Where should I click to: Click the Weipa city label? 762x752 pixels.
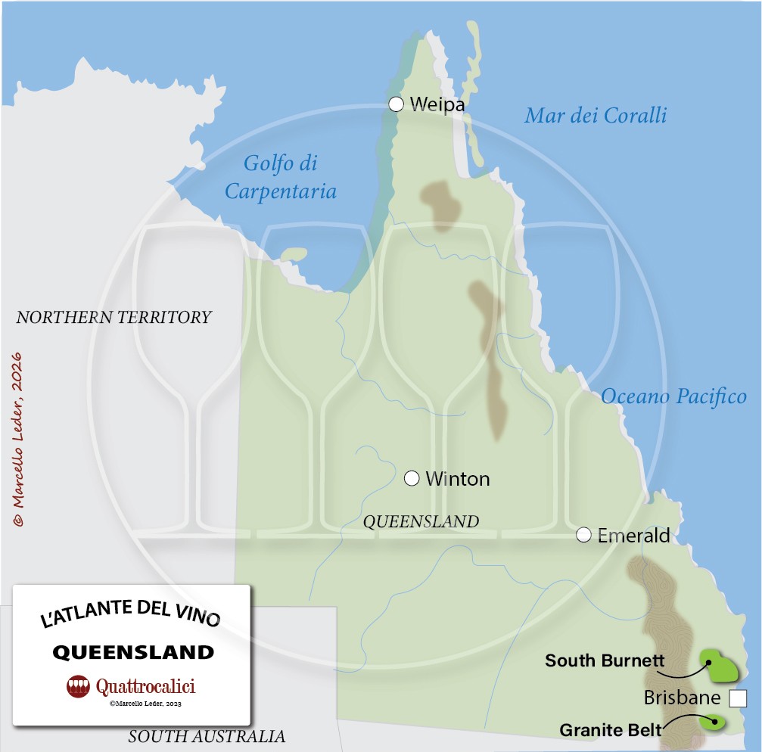tap(437, 104)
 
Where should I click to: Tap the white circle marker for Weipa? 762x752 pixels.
tap(396, 104)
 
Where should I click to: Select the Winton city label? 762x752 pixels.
tap(457, 479)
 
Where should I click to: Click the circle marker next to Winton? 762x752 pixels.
tap(412, 478)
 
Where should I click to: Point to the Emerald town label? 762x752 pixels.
tap(633, 536)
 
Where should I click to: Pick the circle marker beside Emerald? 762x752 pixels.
tap(583, 535)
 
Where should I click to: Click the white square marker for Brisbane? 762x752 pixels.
tap(738, 698)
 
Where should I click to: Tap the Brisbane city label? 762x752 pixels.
tap(682, 698)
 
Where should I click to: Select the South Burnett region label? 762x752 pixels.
tap(605, 660)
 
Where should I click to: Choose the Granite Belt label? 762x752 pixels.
tap(611, 730)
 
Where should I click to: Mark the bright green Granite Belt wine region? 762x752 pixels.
tap(712, 720)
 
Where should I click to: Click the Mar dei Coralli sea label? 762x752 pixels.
tap(596, 115)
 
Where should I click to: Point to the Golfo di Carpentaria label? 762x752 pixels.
tap(281, 177)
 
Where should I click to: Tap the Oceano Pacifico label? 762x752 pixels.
tap(673, 396)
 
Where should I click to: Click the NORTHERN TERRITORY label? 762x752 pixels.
tap(114, 317)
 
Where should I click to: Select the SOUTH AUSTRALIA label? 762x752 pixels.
tap(207, 736)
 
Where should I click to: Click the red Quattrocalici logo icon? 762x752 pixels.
tap(78, 686)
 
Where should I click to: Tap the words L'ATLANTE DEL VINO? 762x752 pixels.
tap(130, 615)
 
